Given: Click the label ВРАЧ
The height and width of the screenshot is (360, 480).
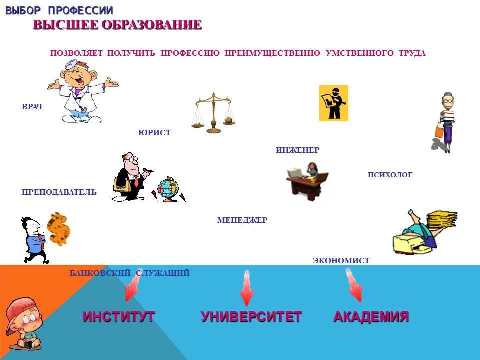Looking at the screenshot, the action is click(32, 107).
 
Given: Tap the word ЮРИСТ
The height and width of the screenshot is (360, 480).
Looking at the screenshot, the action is click(154, 132).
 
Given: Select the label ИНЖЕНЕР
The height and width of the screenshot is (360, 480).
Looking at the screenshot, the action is click(297, 150).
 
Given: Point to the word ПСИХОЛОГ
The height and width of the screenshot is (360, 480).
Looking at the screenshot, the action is click(390, 175).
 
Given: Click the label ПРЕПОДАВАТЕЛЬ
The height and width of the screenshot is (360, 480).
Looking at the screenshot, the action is click(59, 192).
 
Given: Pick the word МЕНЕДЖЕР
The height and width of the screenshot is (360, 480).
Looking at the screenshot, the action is click(242, 220).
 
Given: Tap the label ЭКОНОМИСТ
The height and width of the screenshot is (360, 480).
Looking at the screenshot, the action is click(341, 261).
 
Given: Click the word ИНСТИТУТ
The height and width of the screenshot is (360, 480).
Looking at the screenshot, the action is click(119, 316).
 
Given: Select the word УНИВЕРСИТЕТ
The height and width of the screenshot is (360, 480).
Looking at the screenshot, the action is click(251, 316).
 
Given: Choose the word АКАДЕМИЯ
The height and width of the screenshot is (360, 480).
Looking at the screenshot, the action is click(371, 316).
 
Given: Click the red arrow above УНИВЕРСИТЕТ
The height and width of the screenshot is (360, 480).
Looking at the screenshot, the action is click(246, 288).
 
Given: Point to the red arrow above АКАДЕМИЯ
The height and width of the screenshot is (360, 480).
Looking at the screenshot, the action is click(354, 285).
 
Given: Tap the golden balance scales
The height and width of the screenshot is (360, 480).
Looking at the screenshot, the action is click(214, 113).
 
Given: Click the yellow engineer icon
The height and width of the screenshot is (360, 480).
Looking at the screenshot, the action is click(334, 103).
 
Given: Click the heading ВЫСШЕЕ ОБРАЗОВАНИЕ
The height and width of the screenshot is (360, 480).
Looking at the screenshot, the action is click(117, 25).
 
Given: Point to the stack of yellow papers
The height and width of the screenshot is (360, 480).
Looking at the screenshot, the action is click(442, 218).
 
